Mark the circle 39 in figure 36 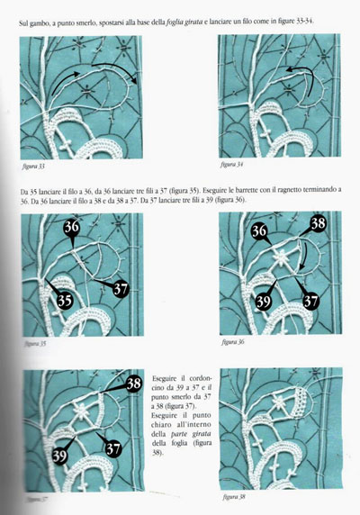click(x=238, y=300)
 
